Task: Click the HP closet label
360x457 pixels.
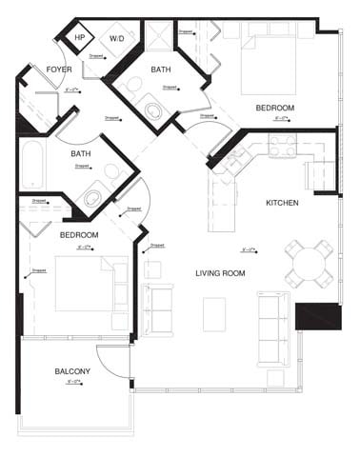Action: [x=80, y=38]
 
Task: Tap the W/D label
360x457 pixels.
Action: [x=117, y=39]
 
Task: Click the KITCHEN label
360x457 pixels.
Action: [x=283, y=203]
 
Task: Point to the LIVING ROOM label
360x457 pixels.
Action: [x=220, y=273]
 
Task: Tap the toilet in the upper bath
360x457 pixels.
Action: [x=149, y=108]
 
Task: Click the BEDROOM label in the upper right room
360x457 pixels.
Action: [x=274, y=109]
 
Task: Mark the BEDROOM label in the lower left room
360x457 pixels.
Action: [x=80, y=233]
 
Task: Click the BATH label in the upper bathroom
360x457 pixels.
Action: [x=160, y=69]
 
